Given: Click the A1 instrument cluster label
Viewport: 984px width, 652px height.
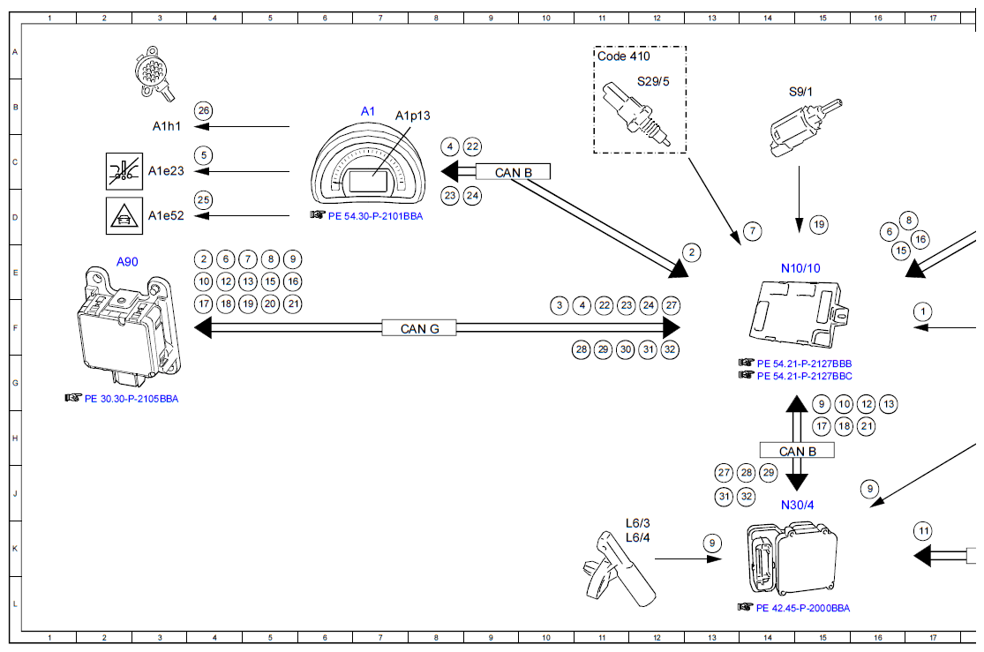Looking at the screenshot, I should tap(368, 111).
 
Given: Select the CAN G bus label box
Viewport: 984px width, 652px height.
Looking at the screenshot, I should tap(419, 328).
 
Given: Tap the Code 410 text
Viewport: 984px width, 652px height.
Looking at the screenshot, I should tap(624, 56).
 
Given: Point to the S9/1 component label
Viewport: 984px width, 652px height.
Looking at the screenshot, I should tap(801, 91).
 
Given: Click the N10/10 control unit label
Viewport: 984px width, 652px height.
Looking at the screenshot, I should tap(800, 268).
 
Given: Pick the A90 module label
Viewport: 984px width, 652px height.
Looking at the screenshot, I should tap(128, 261).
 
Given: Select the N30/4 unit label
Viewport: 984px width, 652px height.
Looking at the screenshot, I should tap(797, 506).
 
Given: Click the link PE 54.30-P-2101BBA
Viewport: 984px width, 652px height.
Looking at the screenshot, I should tap(375, 214).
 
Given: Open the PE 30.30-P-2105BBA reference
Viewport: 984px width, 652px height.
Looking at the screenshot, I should tap(131, 398).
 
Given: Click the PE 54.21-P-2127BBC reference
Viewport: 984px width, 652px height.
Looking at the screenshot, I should tap(804, 376).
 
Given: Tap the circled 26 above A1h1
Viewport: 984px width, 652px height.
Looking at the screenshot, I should tap(204, 110).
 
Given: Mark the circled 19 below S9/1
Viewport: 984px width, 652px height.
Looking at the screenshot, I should tap(819, 225).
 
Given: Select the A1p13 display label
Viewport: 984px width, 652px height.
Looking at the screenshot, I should tap(412, 116).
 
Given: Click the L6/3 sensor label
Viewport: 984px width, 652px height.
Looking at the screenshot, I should tap(637, 524).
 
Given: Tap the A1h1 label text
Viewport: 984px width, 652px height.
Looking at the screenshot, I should tap(167, 126).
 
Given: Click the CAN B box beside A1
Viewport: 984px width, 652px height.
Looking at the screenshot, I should tap(513, 172).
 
